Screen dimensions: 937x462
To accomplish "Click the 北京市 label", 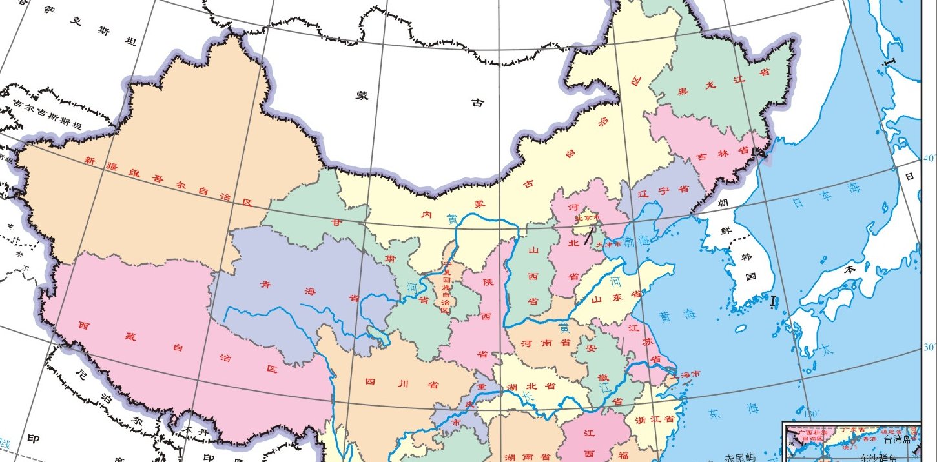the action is pyautogui.click(x=586, y=217).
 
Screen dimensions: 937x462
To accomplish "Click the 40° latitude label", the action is pyautogui.click(x=929, y=157).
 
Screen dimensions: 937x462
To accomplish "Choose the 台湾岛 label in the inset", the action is pyautogui.click(x=897, y=439).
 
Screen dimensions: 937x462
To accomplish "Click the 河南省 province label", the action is pyautogui.click(x=546, y=342).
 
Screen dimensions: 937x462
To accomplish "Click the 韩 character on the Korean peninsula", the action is pyautogui.click(x=747, y=256).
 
